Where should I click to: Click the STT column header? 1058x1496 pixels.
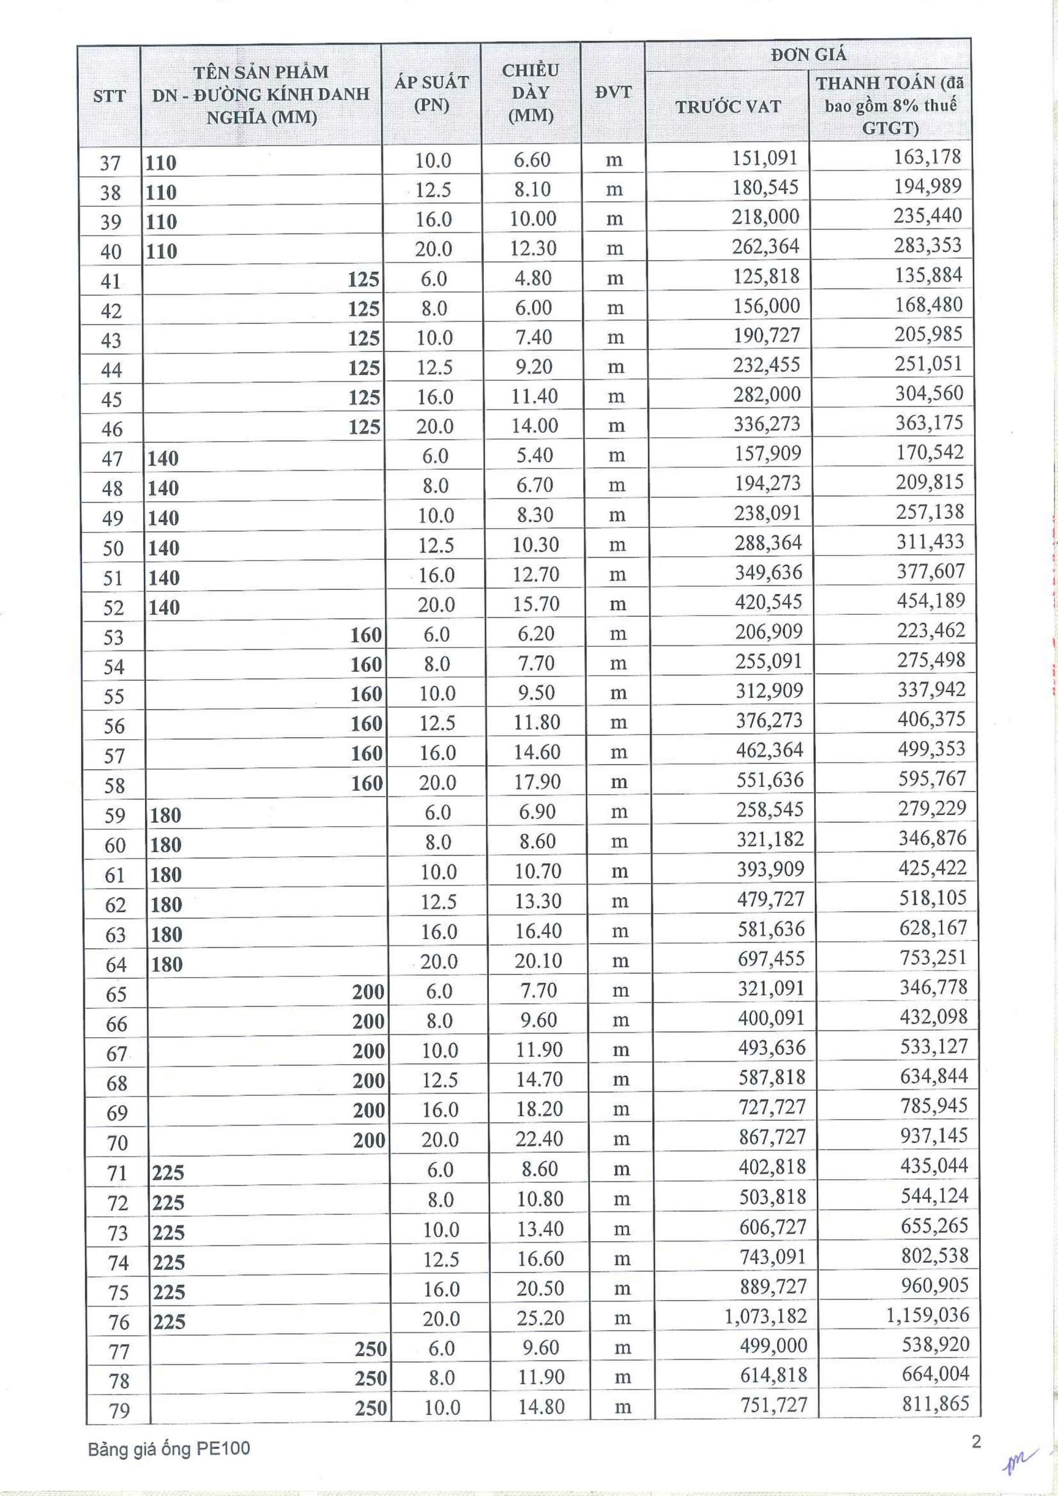click(109, 96)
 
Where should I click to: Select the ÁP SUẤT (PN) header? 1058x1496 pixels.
click(431, 94)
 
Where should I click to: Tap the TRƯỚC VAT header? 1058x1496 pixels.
click(728, 107)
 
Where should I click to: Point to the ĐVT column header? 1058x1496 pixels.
click(613, 92)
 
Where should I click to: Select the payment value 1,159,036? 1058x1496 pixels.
click(928, 1315)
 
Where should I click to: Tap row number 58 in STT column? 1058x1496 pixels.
click(114, 786)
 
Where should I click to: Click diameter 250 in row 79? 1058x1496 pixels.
click(371, 1408)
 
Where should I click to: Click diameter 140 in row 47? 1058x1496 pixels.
click(163, 459)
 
